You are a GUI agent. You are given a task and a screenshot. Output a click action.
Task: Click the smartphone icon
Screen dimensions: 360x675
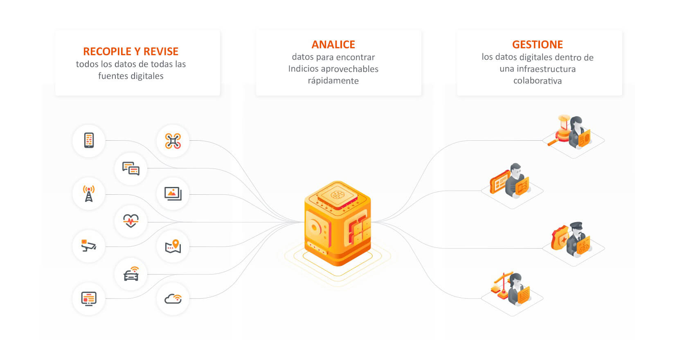[89, 140]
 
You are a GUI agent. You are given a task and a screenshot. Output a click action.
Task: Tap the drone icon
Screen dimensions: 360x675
[173, 141]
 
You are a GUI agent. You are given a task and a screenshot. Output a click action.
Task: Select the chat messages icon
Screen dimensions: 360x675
[131, 168]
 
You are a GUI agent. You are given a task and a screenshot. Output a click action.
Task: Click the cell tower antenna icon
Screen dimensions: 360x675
[89, 193]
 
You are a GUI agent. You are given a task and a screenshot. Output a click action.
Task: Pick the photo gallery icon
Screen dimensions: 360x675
[173, 193]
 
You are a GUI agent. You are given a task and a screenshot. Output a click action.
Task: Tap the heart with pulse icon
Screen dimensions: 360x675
[131, 221]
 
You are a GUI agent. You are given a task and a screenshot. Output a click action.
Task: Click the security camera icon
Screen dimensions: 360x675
[89, 246]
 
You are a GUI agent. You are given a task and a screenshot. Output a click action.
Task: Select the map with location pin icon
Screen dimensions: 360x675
[173, 246]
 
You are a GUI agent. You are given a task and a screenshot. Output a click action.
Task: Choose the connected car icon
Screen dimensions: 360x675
[131, 274]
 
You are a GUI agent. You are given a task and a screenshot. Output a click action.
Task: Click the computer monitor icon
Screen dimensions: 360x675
[89, 299]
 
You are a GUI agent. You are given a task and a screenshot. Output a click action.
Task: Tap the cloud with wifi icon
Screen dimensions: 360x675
[173, 299]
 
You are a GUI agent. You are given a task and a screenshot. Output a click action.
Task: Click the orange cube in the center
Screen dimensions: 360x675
[337, 223]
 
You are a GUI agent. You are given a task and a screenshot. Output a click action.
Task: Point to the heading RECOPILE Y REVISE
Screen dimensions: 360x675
[130, 52]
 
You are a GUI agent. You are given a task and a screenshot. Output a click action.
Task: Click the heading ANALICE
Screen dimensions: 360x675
[333, 45]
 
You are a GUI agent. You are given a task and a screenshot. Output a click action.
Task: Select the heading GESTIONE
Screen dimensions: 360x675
[537, 45]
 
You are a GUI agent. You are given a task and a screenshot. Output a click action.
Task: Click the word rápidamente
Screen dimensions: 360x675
[333, 81]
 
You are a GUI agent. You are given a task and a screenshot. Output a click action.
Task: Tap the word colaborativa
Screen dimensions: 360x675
[537, 81]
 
